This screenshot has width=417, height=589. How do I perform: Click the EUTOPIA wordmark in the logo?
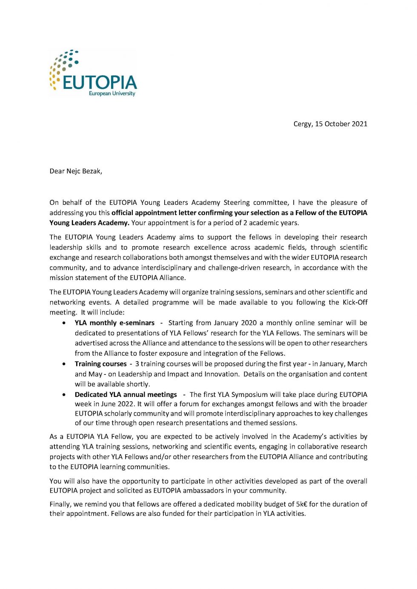pos(100,82)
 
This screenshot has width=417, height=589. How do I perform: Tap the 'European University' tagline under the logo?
pos(112,93)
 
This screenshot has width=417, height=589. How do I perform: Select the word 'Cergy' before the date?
pos(302,124)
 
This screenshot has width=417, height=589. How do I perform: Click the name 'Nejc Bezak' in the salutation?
pos(84,171)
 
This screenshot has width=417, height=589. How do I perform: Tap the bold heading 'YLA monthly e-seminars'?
pos(114,323)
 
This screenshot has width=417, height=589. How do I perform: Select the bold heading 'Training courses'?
pos(100,364)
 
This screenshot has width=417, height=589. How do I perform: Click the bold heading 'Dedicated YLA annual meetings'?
pos(126,394)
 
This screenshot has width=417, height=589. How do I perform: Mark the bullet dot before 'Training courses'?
pos(64,364)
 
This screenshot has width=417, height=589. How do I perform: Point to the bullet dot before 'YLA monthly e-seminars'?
pos(64,323)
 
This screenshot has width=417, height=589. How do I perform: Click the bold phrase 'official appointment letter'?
pos(154,212)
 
